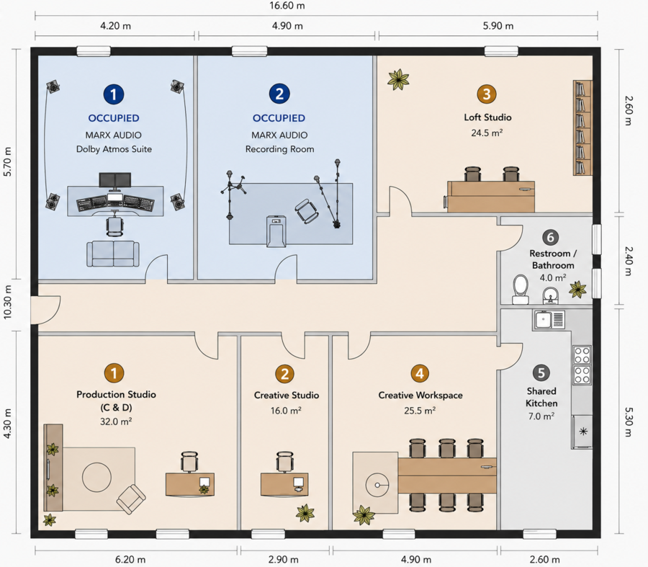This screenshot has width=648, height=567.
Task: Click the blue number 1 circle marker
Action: [x=114, y=94]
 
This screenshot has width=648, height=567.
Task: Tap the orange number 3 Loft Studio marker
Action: [x=487, y=94]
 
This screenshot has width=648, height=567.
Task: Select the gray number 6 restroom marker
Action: [x=551, y=237]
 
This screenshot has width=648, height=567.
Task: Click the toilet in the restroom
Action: [x=521, y=290]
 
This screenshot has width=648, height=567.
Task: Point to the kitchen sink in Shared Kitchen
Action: [x=549, y=320]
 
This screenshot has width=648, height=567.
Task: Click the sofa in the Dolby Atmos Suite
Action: [x=113, y=254]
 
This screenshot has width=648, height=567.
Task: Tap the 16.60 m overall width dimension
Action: [x=287, y=6]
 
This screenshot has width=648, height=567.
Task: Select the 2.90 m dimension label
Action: [x=284, y=560]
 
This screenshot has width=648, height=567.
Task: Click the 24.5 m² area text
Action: [x=487, y=133]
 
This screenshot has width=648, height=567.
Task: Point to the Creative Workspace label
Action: [x=420, y=396]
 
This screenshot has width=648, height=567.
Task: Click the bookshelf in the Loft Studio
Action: [x=582, y=128]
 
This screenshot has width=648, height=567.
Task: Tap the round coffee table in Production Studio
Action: [x=96, y=477]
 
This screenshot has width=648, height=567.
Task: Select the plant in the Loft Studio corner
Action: [x=398, y=79]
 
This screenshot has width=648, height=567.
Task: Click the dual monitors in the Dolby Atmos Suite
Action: [x=115, y=181]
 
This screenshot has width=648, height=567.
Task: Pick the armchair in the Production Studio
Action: [x=131, y=499]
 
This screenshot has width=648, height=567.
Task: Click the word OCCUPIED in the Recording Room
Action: [x=279, y=118]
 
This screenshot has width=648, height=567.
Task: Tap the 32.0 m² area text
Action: [x=116, y=422]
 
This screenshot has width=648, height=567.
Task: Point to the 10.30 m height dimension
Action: [x=7, y=302]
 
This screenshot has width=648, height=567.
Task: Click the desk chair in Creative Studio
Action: [x=284, y=462]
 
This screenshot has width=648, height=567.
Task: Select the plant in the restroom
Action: [x=577, y=290]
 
